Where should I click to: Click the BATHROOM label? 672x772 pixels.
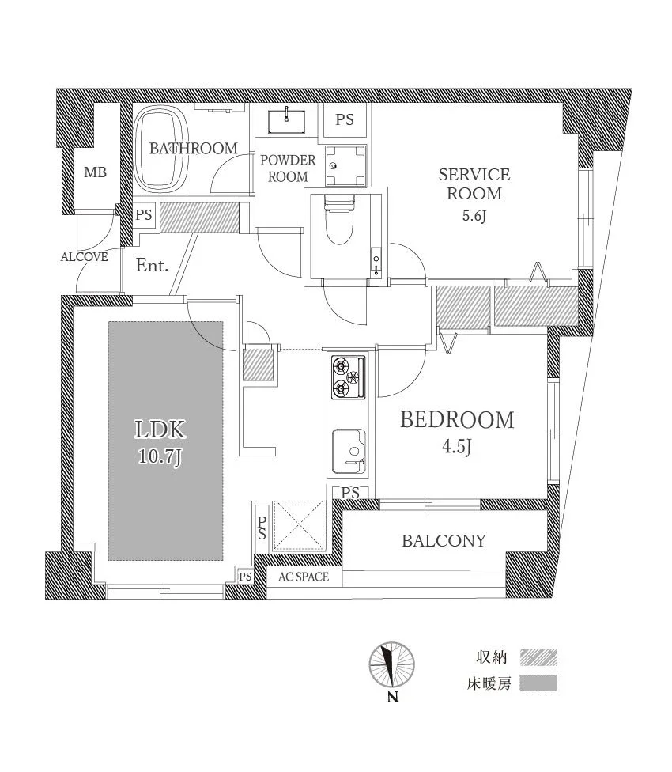(193, 148)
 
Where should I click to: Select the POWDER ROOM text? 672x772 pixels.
(287, 168)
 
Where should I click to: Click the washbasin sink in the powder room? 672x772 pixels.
(287, 120)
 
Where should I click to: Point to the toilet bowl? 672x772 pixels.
(338, 224)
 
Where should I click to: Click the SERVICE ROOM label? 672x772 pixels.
(474, 184)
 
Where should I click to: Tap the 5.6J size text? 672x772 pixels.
(474, 217)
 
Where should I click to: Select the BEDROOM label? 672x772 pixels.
(457, 419)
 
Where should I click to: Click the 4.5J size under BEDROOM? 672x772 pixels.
(457, 448)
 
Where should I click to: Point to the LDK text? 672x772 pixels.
(160, 430)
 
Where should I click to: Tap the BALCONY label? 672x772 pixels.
(444, 541)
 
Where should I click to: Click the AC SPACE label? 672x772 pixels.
(303, 577)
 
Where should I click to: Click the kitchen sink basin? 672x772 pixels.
(349, 447)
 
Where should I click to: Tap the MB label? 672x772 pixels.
(95, 173)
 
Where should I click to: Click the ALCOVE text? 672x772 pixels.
(84, 256)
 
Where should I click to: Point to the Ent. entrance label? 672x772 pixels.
(152, 266)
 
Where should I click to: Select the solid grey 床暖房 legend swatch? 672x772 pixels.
(538, 683)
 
